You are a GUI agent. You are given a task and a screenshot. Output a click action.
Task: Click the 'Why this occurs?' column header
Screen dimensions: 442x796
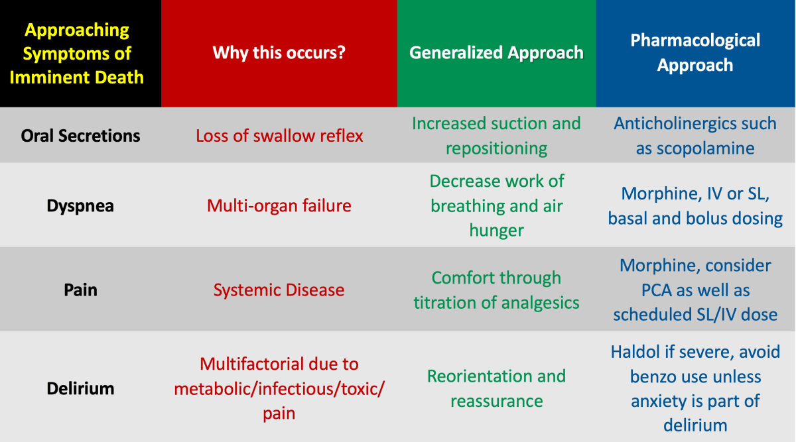point(279,53)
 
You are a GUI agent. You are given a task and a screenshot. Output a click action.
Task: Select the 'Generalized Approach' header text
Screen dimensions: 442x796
point(496,53)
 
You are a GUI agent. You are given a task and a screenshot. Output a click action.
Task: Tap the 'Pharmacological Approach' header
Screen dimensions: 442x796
point(695,52)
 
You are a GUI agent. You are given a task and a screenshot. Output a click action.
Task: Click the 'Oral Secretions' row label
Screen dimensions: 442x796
point(80,136)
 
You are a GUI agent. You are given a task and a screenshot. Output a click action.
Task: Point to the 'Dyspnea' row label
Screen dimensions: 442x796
point(80,206)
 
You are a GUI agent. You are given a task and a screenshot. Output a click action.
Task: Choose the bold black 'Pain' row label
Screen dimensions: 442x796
point(80,290)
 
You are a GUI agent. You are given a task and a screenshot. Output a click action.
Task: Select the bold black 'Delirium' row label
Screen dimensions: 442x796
point(80,388)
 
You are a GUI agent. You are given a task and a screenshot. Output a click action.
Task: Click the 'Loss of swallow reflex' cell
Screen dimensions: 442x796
point(279,136)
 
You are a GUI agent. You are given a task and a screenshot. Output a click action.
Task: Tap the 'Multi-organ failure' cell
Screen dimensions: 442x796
point(279,206)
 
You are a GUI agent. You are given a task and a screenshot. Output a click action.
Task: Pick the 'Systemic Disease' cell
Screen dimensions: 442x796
point(279,290)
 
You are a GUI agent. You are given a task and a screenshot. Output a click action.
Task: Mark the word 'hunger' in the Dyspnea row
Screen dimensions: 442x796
point(496,230)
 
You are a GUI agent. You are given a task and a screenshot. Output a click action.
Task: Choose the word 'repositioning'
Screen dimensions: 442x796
point(496,148)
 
